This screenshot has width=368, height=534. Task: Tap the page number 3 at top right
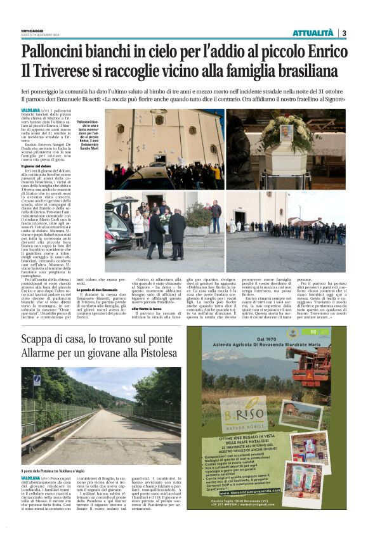pos(343,33)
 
